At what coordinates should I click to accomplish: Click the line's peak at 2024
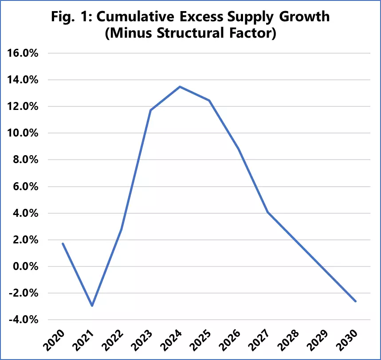(180, 86)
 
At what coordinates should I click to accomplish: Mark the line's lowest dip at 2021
(92, 306)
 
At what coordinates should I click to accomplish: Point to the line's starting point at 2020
(63, 243)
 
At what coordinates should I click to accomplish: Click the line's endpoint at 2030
(356, 301)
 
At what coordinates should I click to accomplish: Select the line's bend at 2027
(268, 212)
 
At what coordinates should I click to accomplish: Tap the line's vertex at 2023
(150, 110)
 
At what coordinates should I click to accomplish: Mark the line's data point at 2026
(239, 149)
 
